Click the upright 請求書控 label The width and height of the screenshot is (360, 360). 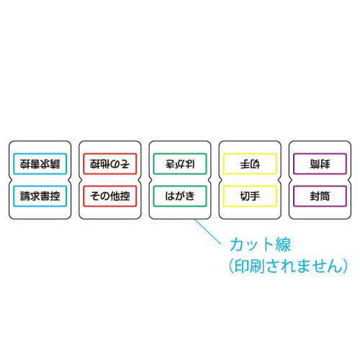point(40,196)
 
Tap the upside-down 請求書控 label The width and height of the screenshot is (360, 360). point(40,163)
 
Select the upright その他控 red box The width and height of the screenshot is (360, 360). point(110,196)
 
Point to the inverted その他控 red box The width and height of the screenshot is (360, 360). point(110,163)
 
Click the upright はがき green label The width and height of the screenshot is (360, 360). point(180,196)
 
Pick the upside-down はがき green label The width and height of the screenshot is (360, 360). point(180,163)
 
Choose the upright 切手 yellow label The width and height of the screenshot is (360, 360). point(250,196)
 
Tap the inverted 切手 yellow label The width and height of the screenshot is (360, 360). point(250,163)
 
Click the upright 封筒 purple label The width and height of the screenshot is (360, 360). point(320,196)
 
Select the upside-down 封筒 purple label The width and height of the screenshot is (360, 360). point(320,163)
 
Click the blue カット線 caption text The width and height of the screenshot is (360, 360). point(260,245)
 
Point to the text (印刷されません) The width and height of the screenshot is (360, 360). point(288,266)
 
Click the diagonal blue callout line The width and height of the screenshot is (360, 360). point(207,232)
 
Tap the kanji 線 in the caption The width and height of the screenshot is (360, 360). point(283,245)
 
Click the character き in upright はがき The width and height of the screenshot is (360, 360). point(190,196)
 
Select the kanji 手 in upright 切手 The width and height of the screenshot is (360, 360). point(255,196)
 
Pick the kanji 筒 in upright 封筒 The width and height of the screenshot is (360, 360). point(325,196)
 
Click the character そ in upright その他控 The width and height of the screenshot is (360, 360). point(95,196)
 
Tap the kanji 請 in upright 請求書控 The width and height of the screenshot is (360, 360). point(25,196)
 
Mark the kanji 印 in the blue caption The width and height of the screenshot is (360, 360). point(242,266)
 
